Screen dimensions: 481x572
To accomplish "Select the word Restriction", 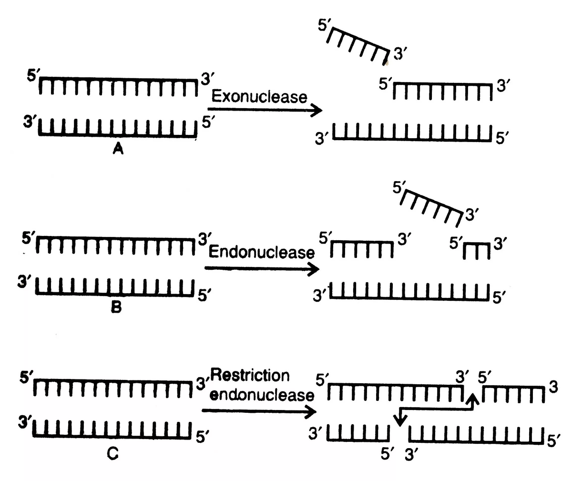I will pos(249,376).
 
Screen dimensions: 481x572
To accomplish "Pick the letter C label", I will pos(112,455).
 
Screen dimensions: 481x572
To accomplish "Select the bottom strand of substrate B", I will pos(116,288).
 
